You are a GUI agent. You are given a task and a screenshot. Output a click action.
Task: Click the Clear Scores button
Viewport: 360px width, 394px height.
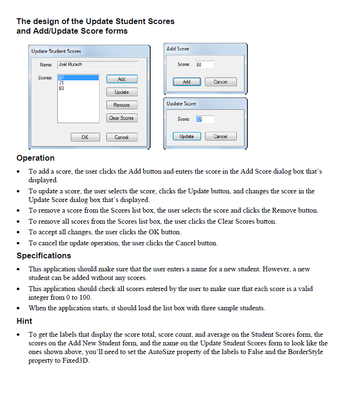[121, 118]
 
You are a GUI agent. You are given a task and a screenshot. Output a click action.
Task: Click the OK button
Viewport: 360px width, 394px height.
[85, 137]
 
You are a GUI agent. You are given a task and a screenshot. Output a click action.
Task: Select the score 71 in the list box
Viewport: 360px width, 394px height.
[62, 83]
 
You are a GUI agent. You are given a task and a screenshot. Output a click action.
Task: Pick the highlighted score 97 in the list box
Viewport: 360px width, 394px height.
[62, 77]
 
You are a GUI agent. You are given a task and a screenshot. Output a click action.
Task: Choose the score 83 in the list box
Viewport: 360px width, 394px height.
[62, 88]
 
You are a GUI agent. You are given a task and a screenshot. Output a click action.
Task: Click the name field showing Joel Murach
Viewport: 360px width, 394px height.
[97, 64]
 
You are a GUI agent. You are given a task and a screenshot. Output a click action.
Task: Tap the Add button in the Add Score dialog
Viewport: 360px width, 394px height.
[187, 82]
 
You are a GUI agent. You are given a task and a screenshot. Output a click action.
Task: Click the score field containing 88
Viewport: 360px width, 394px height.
[205, 64]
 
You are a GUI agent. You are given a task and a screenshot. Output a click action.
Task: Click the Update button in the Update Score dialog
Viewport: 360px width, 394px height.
[187, 136]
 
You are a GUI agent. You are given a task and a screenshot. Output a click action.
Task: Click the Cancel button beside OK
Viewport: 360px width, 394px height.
[122, 137]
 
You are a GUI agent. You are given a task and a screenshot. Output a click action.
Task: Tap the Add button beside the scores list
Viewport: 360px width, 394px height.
[122, 79]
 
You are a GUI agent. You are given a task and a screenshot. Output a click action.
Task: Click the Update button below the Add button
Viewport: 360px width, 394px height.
[122, 92]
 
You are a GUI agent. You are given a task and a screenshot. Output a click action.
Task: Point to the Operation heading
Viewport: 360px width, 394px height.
[36, 158]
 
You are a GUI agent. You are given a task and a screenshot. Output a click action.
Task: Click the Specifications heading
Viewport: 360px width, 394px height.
[44, 255]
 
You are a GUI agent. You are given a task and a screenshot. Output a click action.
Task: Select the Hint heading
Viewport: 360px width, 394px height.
[25, 320]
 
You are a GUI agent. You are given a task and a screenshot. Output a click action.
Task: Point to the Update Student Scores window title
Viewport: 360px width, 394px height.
[56, 51]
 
